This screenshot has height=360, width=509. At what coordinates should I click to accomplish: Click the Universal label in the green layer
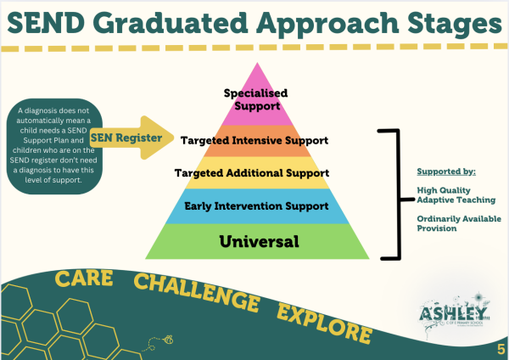pos(259,241)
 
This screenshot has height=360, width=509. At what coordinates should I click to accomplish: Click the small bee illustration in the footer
pos(168,339)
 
